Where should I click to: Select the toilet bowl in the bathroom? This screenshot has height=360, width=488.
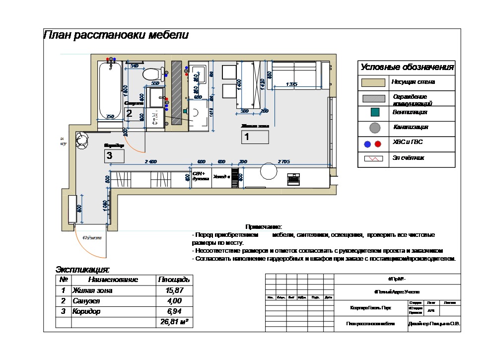point(152,74)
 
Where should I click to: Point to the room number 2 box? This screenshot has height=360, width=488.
point(129,113)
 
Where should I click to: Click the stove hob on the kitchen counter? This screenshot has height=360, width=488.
point(294,179)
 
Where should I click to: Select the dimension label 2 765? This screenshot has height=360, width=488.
point(284,162)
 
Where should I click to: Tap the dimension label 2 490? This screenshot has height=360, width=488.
point(150,162)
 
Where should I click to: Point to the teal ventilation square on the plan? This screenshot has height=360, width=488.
point(185,111)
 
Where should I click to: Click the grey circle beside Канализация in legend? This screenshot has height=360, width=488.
point(375,128)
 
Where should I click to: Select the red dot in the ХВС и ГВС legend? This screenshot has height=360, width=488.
point(378,144)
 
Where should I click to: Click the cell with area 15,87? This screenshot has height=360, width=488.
point(173,290)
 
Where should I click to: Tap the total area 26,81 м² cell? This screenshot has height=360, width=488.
point(173,322)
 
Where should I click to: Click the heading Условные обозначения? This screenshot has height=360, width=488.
point(407,68)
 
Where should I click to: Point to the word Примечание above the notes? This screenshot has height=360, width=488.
point(264,226)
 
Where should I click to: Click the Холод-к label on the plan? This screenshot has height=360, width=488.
point(221,176)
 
